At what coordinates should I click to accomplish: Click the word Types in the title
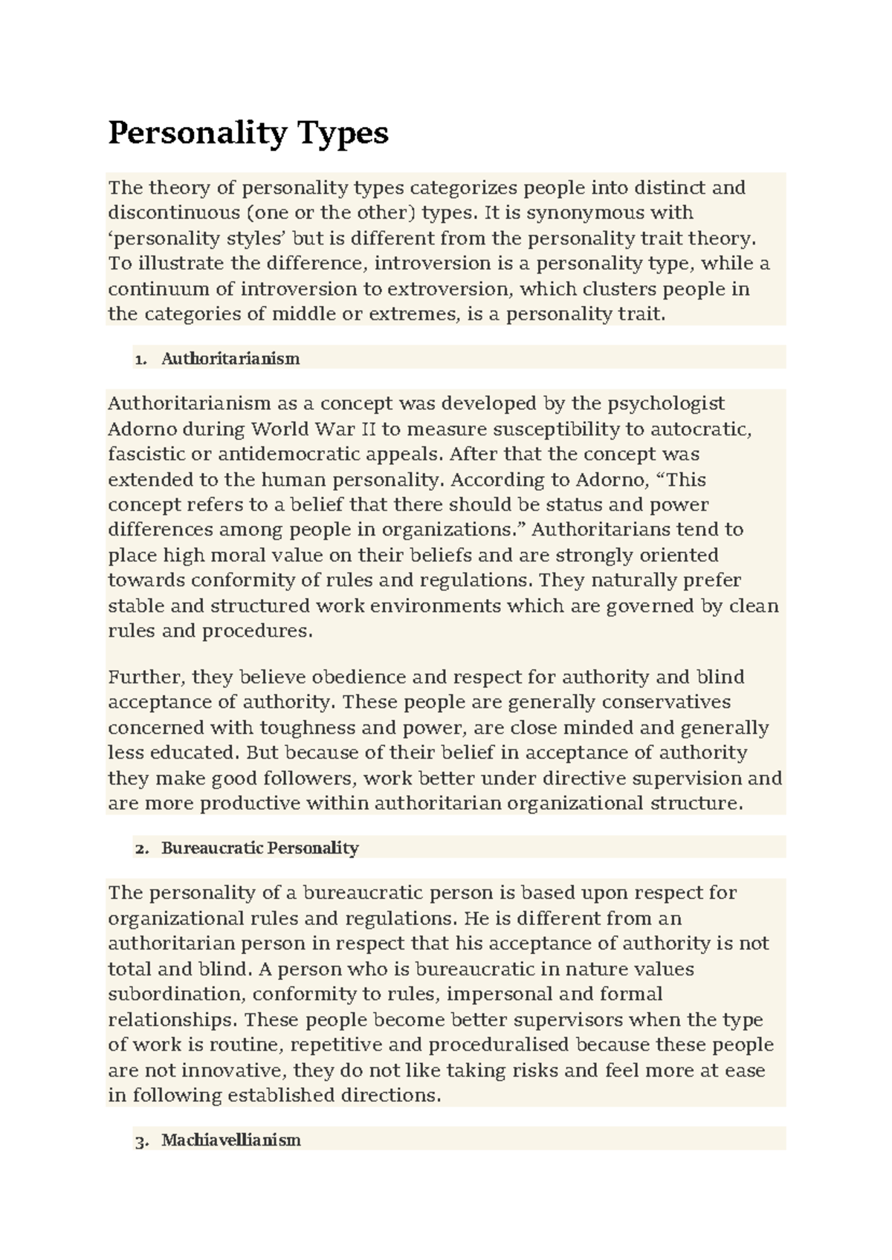[343, 134]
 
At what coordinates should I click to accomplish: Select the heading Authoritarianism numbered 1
[230, 359]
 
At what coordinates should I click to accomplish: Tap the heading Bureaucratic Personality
[259, 848]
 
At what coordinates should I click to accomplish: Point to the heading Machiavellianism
[230, 1140]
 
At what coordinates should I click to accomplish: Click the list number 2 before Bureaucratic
[141, 848]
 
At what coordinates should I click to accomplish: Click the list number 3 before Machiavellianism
[141, 1140]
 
